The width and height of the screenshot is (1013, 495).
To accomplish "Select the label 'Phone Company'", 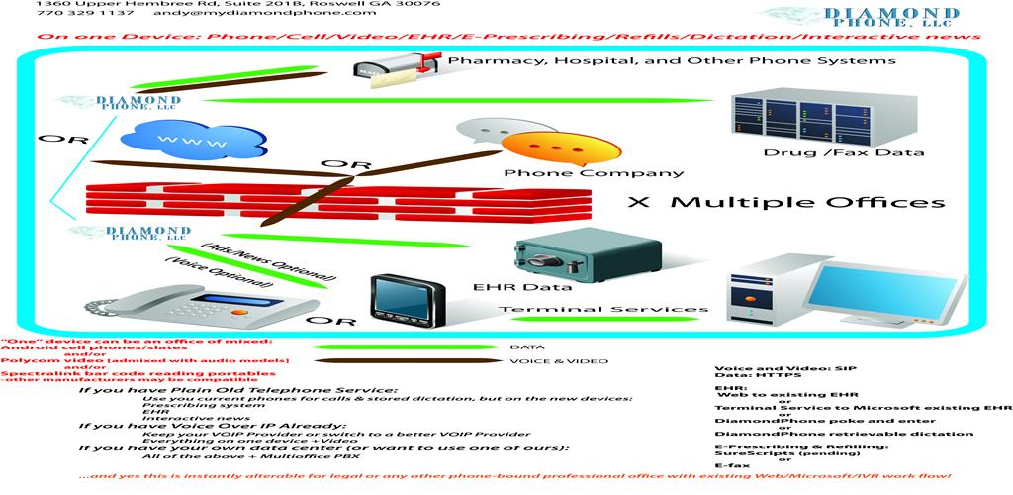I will (594, 173).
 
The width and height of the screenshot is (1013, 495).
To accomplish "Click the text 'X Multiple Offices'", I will (786, 202).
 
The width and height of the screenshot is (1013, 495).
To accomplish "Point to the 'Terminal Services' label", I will (602, 310).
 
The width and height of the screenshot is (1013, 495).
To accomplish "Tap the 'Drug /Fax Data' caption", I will (844, 152).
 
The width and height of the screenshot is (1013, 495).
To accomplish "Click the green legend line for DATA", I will (405, 347).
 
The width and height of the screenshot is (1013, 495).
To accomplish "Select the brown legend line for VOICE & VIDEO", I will (405, 361).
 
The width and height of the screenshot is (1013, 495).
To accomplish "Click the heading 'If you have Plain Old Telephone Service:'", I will (236, 390).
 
